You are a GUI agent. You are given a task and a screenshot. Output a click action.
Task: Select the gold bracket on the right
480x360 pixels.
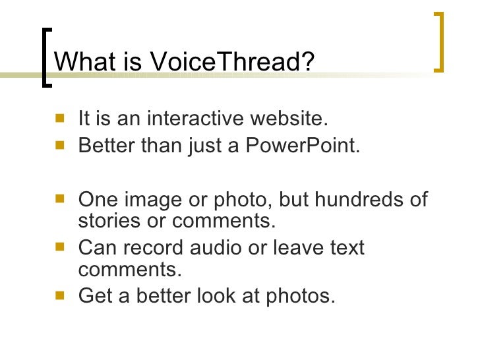[439, 41]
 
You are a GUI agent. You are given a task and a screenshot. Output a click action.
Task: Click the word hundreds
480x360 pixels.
[360, 200]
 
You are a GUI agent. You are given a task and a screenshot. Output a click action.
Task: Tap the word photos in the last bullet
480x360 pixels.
[300, 297]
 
